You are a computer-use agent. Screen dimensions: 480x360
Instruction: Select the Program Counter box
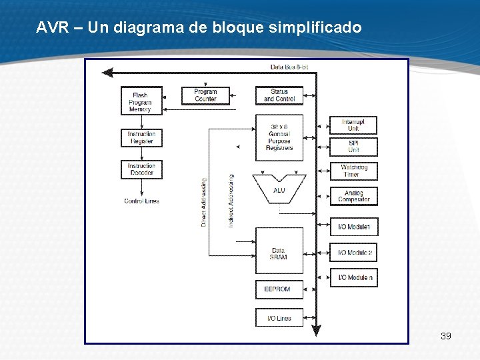pyautogui.click(x=205, y=95)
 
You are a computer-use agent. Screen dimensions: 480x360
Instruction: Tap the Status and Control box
pyautogui.click(x=279, y=95)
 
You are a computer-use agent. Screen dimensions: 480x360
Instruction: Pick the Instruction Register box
pyautogui.click(x=141, y=138)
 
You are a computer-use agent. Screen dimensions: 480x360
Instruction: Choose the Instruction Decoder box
pyautogui.click(x=141, y=169)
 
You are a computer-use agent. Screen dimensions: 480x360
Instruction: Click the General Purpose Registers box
pyautogui.click(x=279, y=137)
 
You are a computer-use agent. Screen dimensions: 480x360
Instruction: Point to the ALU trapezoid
pyautogui.click(x=279, y=189)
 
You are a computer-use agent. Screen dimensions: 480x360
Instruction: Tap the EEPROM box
pyautogui.click(x=279, y=289)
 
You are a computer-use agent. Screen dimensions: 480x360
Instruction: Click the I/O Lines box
pyautogui.click(x=279, y=318)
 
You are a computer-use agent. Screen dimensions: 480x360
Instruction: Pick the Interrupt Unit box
pyautogui.click(x=353, y=125)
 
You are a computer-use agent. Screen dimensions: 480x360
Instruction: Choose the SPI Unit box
pyautogui.click(x=353, y=147)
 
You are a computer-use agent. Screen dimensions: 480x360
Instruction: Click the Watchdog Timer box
pyautogui.click(x=353, y=171)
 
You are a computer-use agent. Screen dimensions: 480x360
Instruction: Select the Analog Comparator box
pyautogui.click(x=353, y=196)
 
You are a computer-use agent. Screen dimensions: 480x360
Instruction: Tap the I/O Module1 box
pyautogui.click(x=353, y=227)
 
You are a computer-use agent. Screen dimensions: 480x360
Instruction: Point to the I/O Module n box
pyautogui.click(x=353, y=277)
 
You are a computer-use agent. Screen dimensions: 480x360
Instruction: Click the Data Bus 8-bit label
pyautogui.click(x=289, y=67)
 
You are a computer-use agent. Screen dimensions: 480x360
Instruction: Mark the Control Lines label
pyautogui.click(x=141, y=201)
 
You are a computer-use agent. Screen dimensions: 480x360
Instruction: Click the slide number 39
pyautogui.click(x=446, y=336)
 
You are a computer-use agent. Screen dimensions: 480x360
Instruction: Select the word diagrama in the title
pyautogui.click(x=143, y=28)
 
